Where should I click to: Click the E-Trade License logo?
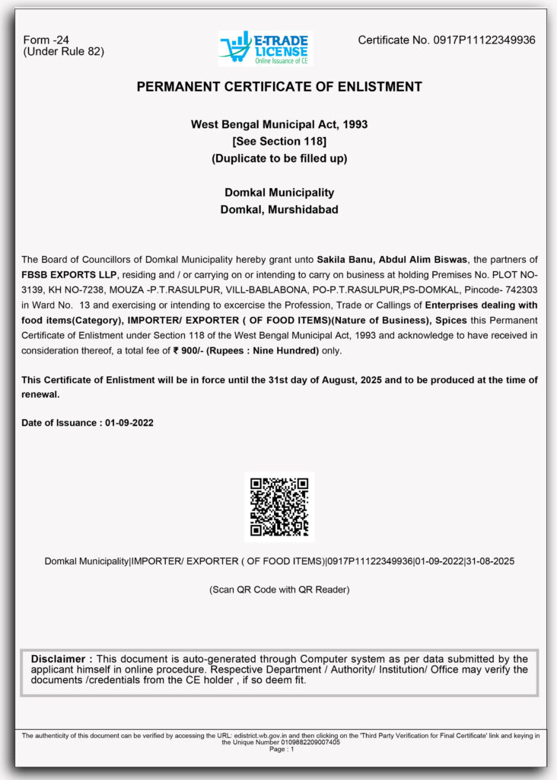266,48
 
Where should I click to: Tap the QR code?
278,507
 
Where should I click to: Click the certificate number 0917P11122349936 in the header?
484,40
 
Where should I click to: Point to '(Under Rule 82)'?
63,52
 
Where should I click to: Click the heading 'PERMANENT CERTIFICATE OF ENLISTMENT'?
279,87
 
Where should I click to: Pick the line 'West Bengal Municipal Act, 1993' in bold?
279,124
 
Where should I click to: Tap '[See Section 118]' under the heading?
279,141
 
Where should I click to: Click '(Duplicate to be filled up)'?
279,158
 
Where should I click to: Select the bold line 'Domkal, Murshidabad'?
279,209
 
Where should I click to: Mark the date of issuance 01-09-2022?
129,423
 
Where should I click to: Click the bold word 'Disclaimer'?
62,658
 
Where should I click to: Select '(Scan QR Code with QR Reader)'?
279,590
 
